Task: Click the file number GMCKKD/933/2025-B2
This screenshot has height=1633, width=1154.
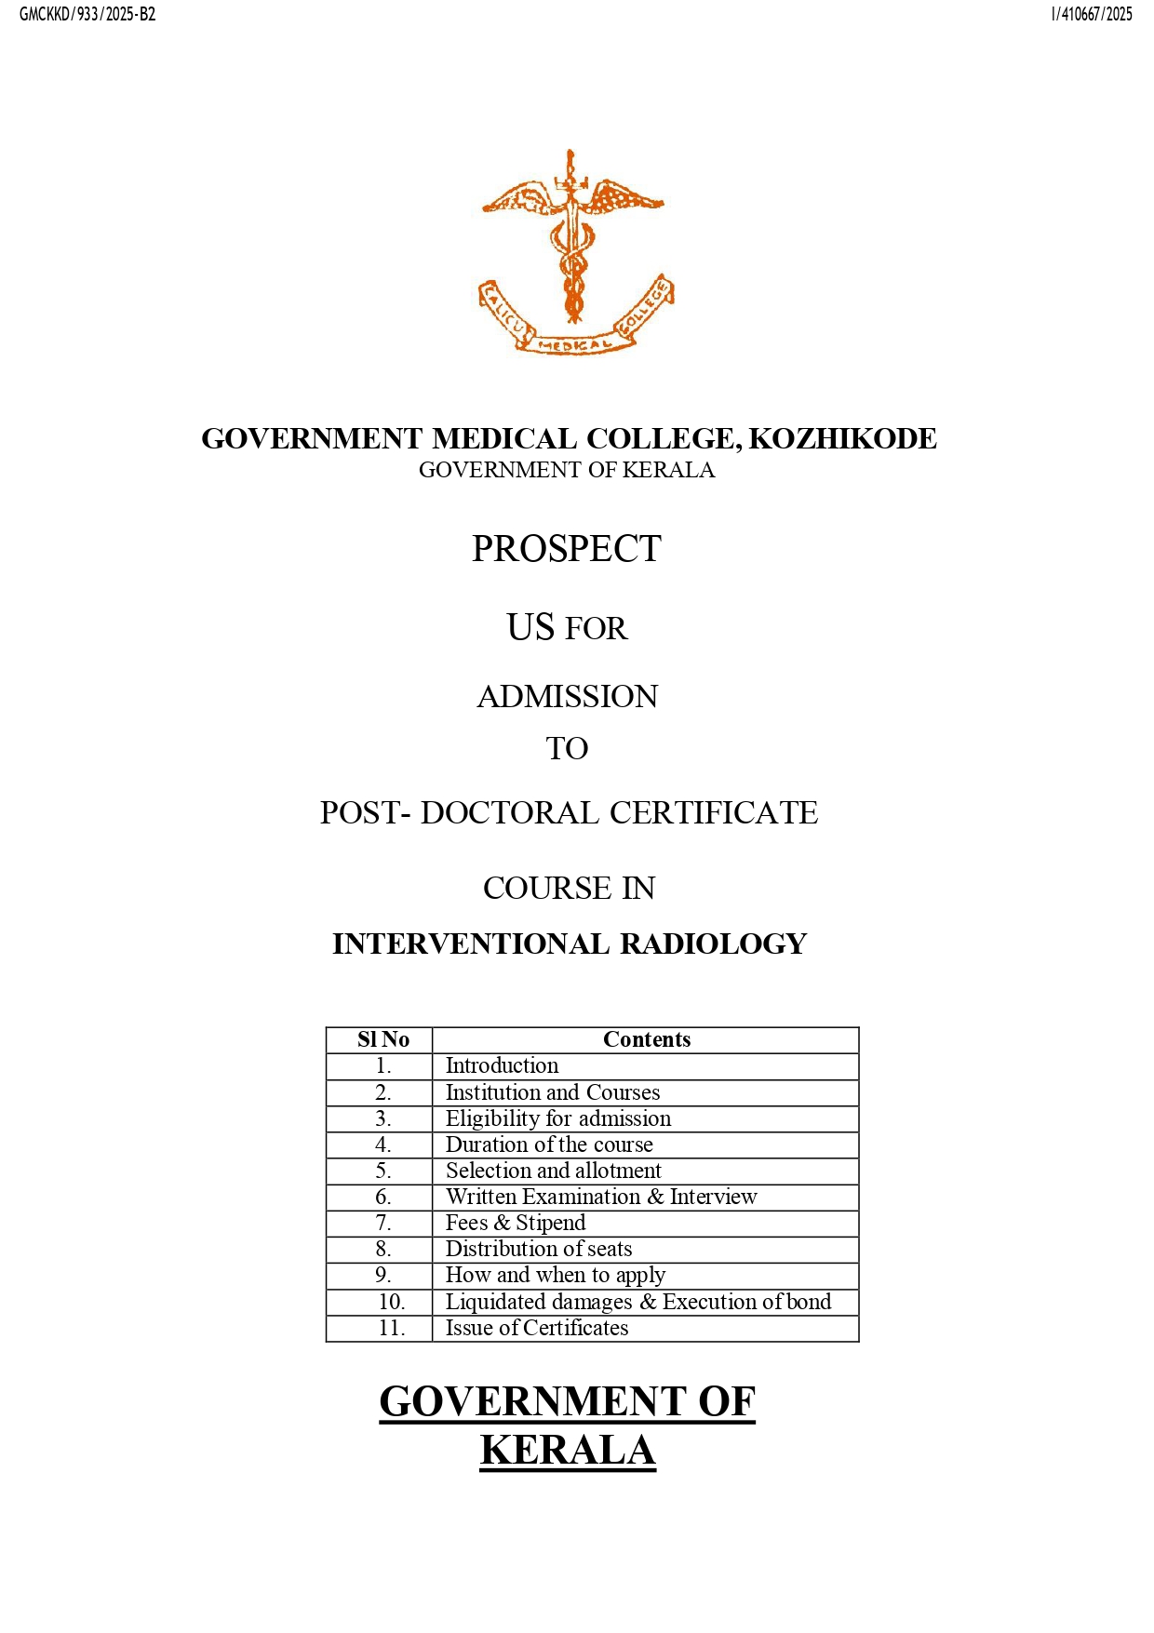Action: (x=87, y=14)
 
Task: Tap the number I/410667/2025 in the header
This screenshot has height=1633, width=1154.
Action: (x=1092, y=14)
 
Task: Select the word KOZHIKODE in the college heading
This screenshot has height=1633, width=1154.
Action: (x=842, y=438)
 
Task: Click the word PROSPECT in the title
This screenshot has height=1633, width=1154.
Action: (x=566, y=549)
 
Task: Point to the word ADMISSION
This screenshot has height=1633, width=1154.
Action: (x=567, y=697)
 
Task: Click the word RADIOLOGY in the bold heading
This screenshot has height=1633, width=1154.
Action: (x=713, y=944)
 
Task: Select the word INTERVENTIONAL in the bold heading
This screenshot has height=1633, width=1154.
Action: (x=471, y=944)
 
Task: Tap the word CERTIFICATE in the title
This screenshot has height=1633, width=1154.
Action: (x=713, y=812)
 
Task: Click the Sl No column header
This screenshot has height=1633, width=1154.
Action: (x=382, y=1039)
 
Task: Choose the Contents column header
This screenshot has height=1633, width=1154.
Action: (x=646, y=1039)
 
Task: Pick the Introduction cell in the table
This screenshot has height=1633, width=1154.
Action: (x=502, y=1065)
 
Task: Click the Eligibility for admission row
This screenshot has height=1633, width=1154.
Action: (x=557, y=1118)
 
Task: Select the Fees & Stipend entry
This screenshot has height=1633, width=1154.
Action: (x=515, y=1223)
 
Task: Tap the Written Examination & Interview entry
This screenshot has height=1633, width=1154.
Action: (x=600, y=1197)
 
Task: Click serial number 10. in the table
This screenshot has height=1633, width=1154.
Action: (x=391, y=1302)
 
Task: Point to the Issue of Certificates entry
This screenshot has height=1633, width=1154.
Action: (x=536, y=1328)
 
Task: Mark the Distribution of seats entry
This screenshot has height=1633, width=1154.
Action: (x=538, y=1249)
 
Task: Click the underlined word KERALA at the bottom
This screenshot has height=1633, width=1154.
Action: (x=567, y=1451)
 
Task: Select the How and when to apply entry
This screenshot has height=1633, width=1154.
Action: (x=555, y=1275)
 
